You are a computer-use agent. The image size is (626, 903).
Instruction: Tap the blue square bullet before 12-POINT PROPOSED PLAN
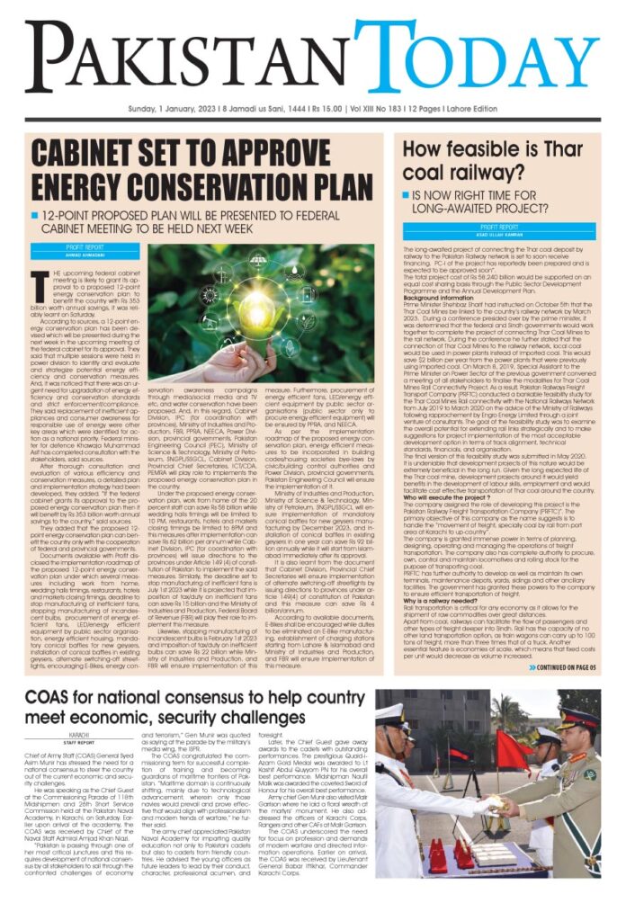coord(33,216)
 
